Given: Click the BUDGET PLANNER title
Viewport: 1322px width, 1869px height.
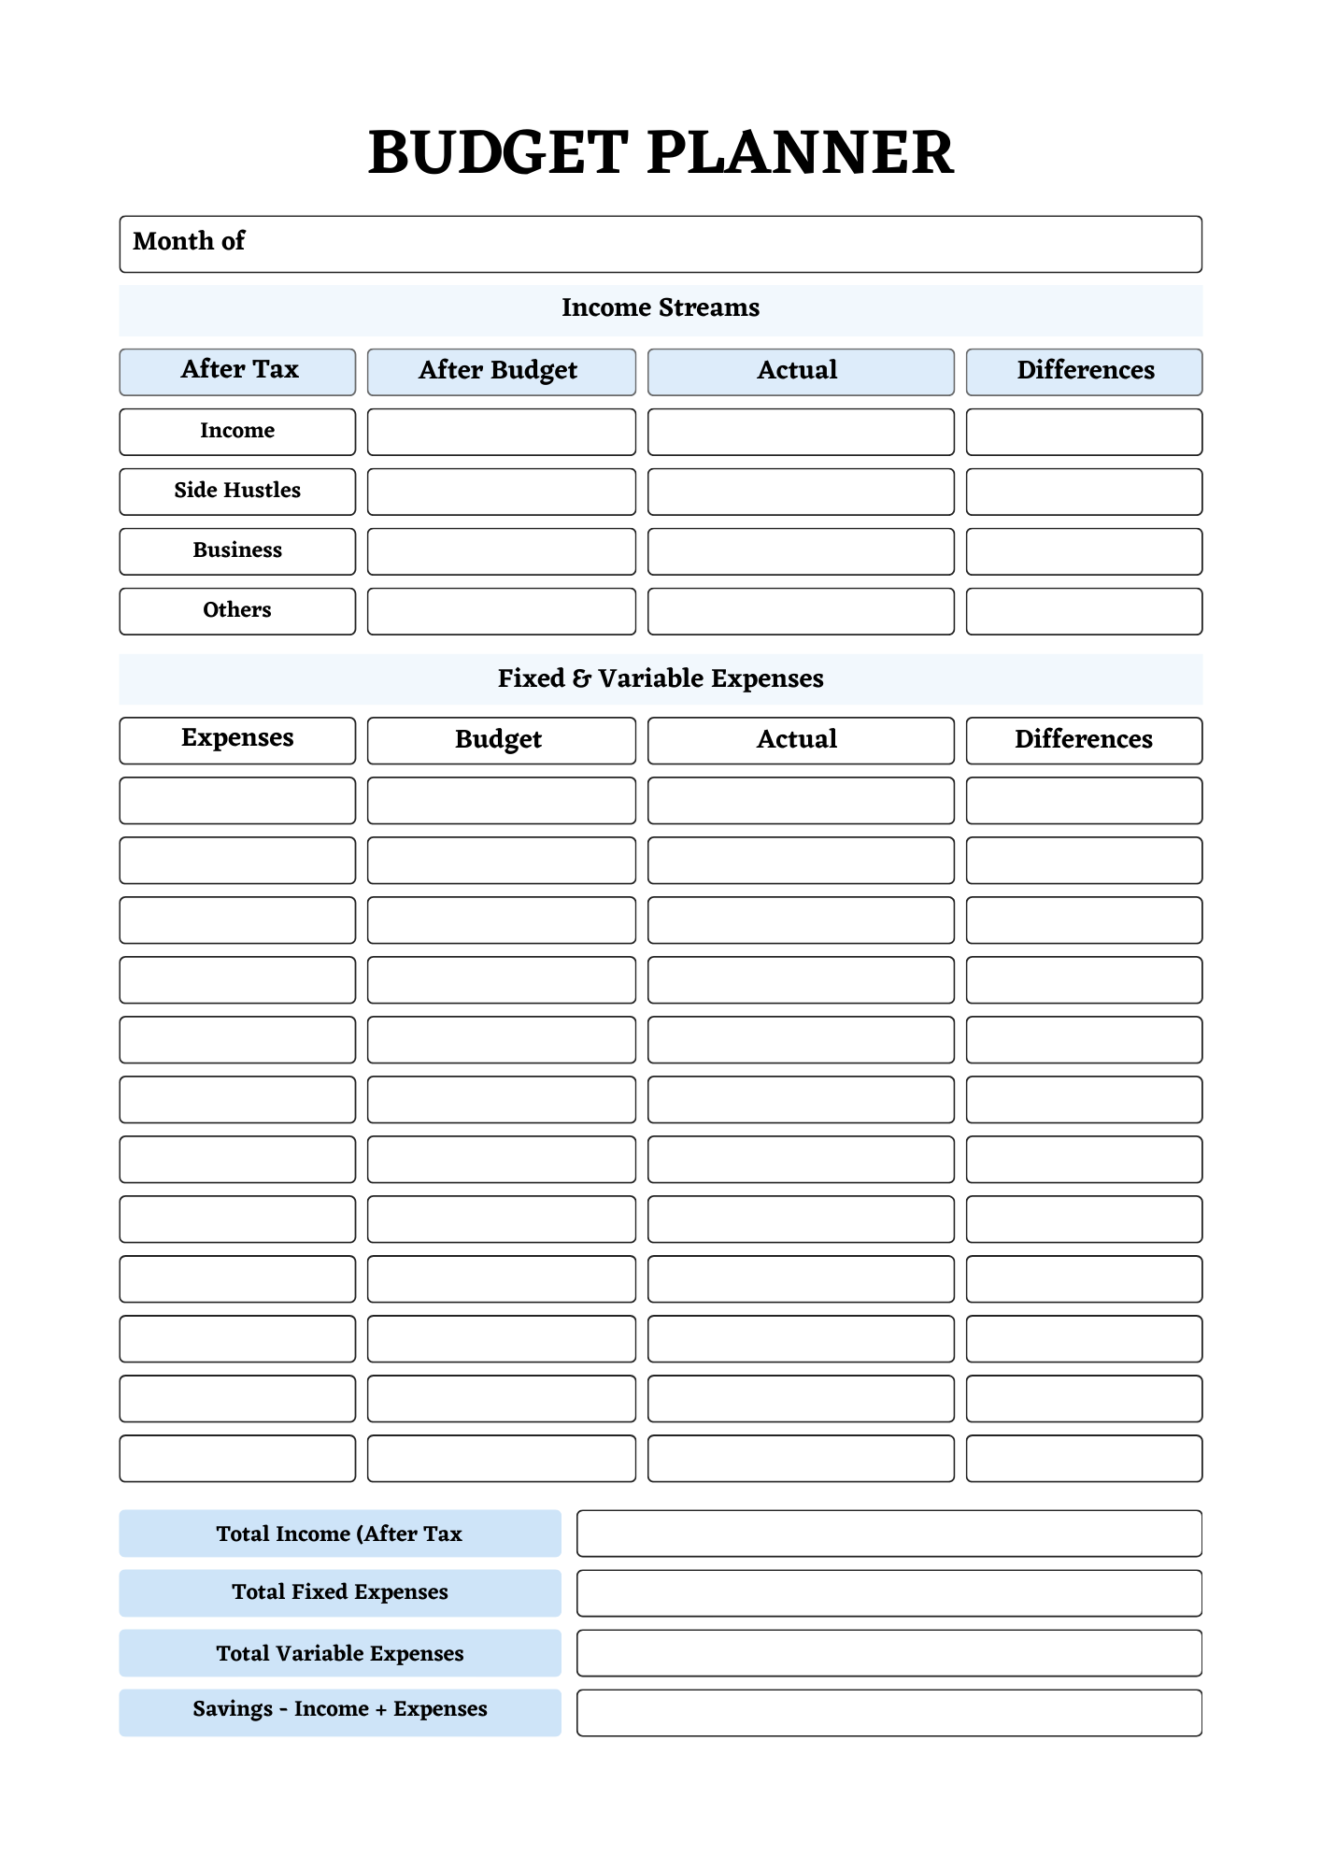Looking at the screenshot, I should pyautogui.click(x=661, y=152).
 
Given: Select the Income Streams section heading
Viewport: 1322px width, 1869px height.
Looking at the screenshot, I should pyautogui.click(x=661, y=308).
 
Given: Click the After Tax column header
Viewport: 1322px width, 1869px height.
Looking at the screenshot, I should pyautogui.click(x=237, y=371).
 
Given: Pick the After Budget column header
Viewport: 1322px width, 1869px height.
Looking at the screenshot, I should pyautogui.click(x=501, y=371).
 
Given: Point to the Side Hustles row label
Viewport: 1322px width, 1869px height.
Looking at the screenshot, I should pyautogui.click(x=237, y=491).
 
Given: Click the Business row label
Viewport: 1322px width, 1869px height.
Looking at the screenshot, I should pyautogui.click(x=237, y=550).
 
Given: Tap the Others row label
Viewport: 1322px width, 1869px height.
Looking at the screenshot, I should pyautogui.click(x=237, y=610).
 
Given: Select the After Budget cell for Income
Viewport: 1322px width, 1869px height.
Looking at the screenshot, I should pyautogui.click(x=501, y=431).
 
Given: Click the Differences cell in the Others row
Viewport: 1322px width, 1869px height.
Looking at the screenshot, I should pyautogui.click(x=1084, y=610).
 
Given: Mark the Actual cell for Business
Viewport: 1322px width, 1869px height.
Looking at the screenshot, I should pyautogui.click(x=801, y=550).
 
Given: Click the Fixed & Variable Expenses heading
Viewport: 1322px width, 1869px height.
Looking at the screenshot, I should pyautogui.click(x=661, y=678).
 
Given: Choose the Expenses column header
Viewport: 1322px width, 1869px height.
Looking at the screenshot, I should pyautogui.click(x=237, y=739).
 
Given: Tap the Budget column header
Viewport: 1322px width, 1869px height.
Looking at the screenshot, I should pyautogui.click(x=501, y=739).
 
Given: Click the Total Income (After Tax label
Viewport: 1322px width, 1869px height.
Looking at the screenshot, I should pyautogui.click(x=340, y=1534).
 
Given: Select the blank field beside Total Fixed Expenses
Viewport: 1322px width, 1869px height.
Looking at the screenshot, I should pyautogui.click(x=888, y=1592).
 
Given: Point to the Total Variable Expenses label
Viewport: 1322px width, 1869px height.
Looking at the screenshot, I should pyautogui.click(x=340, y=1653).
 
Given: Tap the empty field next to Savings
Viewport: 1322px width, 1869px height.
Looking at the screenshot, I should pyautogui.click(x=888, y=1712).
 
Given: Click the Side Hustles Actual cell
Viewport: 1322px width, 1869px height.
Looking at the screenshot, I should pyautogui.click(x=801, y=491).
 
